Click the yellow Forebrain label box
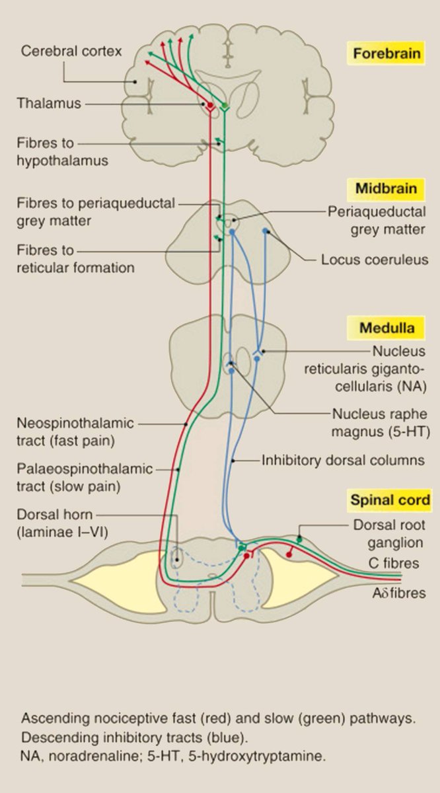pos(385,53)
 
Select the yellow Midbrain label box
pos(386,189)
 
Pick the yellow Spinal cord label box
pos(389,500)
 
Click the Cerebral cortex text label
pos(71,51)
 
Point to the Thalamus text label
pos(49,104)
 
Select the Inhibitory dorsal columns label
pos(343,460)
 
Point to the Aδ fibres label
pos(399,593)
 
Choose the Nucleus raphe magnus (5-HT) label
pos(380,424)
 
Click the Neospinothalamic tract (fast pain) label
pos(76,431)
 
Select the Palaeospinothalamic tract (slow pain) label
pos(85,478)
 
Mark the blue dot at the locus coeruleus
pos(266,231)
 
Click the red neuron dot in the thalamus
pos(210,105)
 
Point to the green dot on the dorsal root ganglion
pos(299,539)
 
